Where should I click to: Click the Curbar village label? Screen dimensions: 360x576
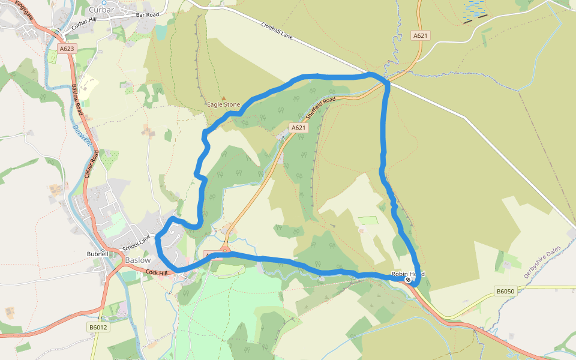(101, 10)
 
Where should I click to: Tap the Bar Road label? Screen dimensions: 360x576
(147, 14)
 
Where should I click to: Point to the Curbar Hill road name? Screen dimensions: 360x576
(83, 25)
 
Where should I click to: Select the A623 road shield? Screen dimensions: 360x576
(67, 48)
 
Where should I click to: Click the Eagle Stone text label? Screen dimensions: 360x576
(223, 104)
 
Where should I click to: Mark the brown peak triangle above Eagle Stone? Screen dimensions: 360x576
(224, 97)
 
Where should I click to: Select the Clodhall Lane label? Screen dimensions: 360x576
(277, 31)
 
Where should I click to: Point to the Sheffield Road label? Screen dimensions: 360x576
(320, 108)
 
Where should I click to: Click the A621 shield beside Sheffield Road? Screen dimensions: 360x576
(298, 128)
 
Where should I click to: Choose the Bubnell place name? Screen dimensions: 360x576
(97, 254)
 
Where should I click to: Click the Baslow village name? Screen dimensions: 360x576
(138, 260)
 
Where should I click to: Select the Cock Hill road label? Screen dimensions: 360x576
(157, 273)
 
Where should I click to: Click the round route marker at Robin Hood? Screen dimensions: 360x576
(408, 280)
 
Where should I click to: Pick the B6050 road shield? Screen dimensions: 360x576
(505, 291)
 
